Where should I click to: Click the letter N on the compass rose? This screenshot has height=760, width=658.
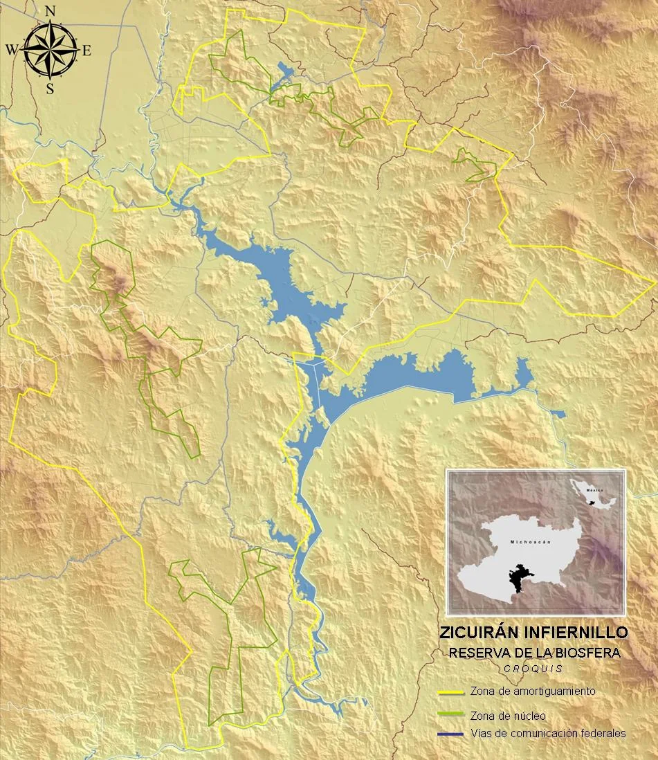click(50, 11)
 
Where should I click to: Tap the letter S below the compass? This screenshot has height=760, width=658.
click(50, 89)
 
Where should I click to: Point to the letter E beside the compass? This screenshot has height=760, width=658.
click(86, 50)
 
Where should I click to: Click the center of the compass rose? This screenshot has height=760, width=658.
click(50, 50)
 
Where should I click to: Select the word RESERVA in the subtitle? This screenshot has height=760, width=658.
click(476, 652)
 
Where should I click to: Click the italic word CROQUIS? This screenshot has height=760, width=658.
click(533, 669)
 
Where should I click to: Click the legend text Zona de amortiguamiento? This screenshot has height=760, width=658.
click(532, 691)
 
